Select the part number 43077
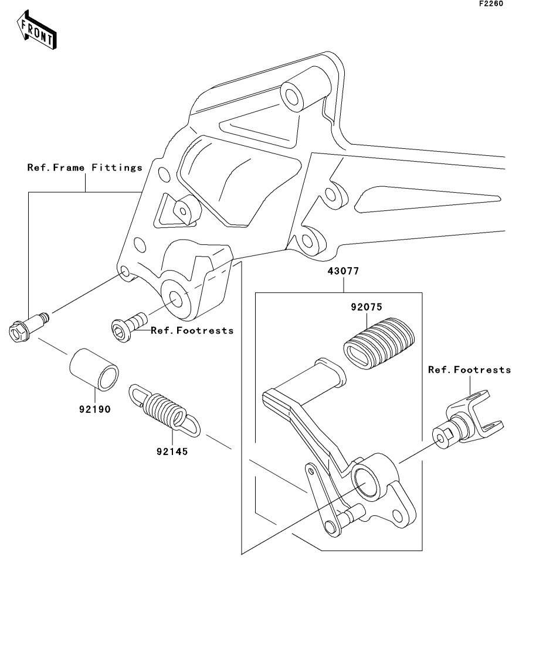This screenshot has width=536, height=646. [x=344, y=272]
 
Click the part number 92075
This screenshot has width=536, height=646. [x=367, y=306]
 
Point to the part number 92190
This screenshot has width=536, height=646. [x=95, y=409]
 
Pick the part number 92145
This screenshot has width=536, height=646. [x=172, y=451]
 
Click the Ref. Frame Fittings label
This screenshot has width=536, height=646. [x=85, y=168]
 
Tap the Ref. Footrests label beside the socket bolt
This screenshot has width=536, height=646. [x=192, y=331]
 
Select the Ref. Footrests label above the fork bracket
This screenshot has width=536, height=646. [x=469, y=370]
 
